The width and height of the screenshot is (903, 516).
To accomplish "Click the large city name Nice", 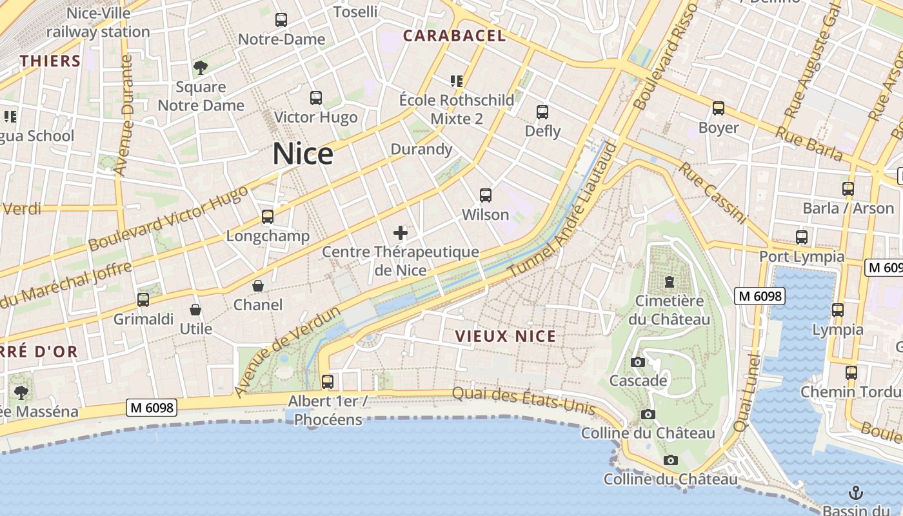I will (303, 154).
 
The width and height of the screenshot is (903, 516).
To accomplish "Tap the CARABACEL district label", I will (454, 36).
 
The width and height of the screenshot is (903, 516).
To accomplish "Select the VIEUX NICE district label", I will (505, 336).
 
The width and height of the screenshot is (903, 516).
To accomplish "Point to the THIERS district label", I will (50, 61).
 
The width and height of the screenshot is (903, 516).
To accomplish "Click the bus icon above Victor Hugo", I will (315, 98).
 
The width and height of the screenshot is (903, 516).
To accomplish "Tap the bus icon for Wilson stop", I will (486, 195).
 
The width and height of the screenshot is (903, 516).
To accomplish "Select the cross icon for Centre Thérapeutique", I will (401, 233).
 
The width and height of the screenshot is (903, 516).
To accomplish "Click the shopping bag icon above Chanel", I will (258, 286).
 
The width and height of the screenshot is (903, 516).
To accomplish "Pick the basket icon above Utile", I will (195, 310).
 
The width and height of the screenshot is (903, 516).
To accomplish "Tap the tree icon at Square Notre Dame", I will (201, 67).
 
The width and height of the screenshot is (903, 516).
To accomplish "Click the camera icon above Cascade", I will (638, 362).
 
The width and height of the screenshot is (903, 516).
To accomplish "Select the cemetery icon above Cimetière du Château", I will (670, 282).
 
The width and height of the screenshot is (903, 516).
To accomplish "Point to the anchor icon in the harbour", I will (855, 493).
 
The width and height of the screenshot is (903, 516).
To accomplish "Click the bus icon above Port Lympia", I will (802, 237).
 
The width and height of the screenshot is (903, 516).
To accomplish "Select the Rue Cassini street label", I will (712, 192).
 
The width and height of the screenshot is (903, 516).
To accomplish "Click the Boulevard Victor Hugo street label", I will (168, 219).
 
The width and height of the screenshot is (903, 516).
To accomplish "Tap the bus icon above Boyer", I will (719, 108).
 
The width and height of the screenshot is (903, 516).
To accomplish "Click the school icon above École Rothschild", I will (457, 81).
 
